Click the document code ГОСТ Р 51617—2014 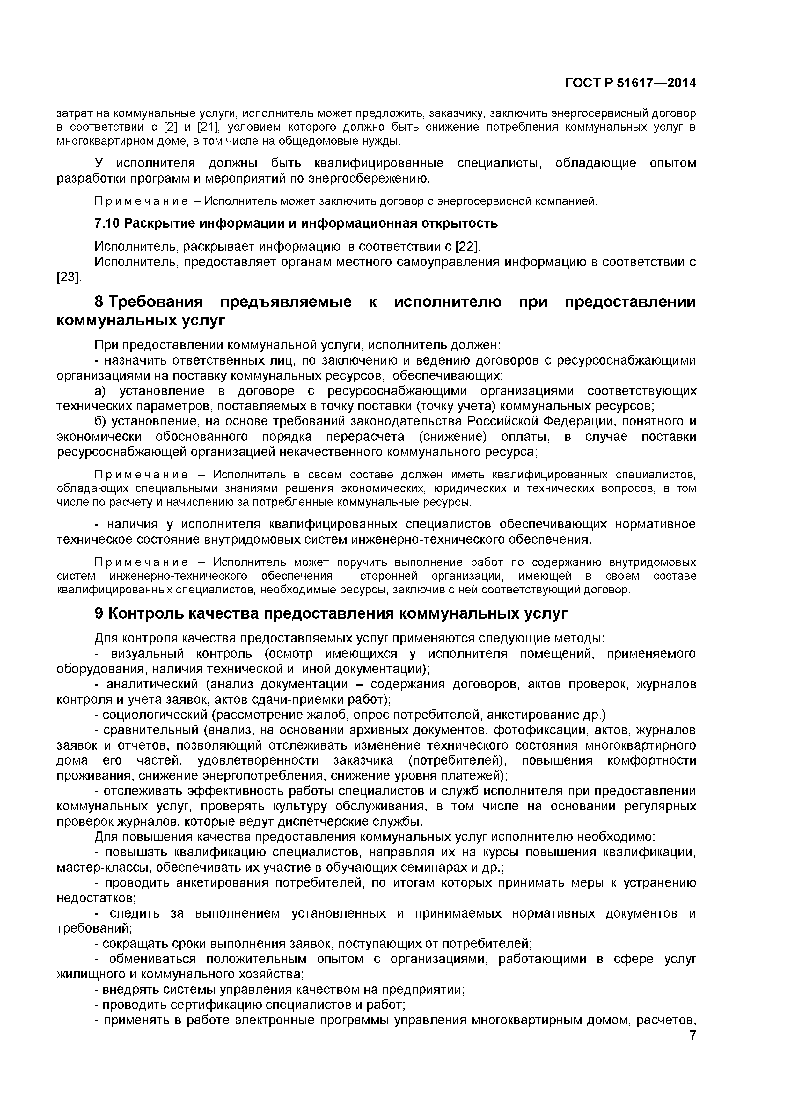[630, 83]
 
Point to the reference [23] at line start [69, 278]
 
